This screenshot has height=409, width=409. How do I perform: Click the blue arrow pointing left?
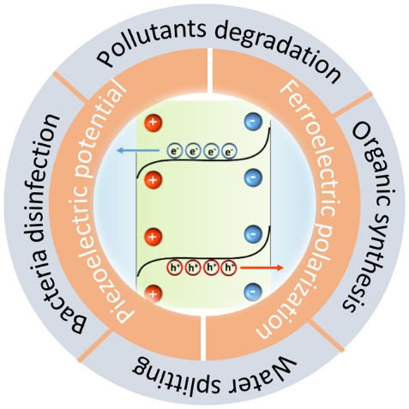138,150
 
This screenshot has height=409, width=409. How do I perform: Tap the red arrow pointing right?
262,268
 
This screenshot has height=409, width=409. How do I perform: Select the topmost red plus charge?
153,123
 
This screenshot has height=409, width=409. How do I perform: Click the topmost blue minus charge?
253,122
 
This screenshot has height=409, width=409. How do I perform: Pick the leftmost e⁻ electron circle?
175,151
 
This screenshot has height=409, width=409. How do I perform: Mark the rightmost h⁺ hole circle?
229,268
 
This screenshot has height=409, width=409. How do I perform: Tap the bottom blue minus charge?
253,292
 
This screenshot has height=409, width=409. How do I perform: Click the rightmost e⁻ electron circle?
229,152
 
